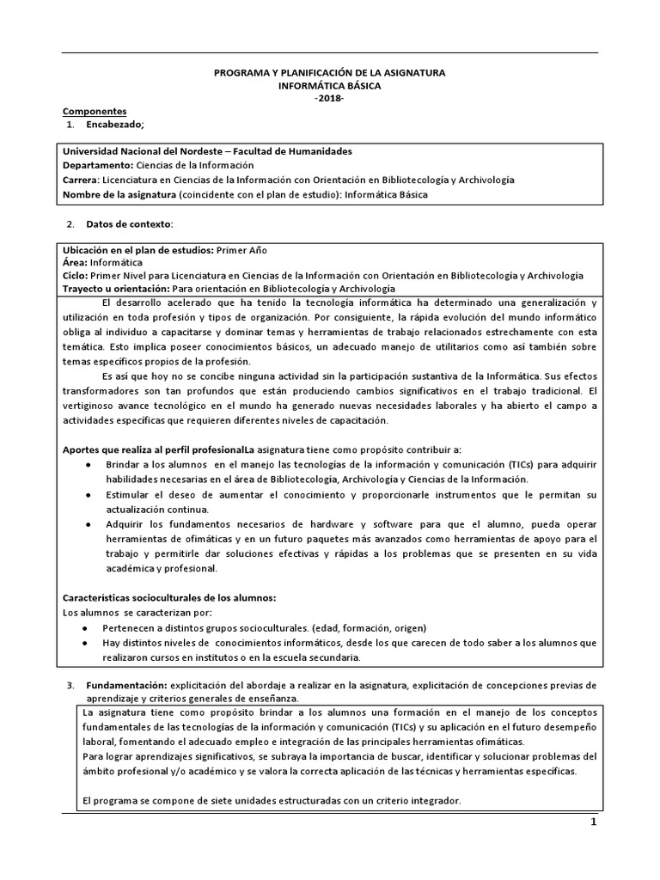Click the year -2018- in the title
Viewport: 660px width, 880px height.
329,99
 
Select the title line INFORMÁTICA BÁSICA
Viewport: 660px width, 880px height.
329,87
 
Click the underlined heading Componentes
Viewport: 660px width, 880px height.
95,112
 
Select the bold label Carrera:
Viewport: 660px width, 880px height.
82,180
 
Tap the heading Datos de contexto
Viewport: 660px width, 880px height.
129,224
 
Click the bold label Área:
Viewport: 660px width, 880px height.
76,262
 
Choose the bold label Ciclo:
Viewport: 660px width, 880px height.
76,275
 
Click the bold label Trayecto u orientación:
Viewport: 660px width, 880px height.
117,289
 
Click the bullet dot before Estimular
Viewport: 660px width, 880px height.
89,496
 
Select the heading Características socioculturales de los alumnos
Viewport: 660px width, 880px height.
169,597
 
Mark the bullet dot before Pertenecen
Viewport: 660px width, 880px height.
89,628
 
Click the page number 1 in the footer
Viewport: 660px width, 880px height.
592,822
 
